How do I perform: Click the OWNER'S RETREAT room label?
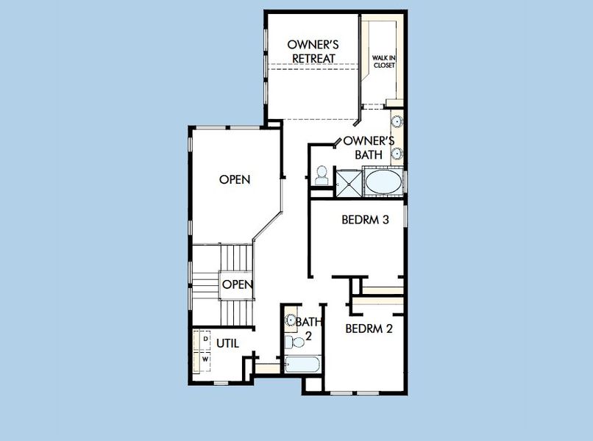point(312,51)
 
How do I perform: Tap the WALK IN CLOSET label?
point(383,60)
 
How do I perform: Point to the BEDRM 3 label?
point(365,219)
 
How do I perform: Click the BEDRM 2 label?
point(369,329)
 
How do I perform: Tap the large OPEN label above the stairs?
point(235,179)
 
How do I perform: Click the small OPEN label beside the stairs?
point(238,284)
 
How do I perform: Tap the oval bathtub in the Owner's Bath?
point(384,182)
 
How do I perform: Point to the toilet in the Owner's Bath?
point(322,175)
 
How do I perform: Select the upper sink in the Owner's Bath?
point(397,121)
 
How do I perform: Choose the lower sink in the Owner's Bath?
point(397,154)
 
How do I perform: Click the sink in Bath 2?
point(290,320)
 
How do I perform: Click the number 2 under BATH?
point(309,335)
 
